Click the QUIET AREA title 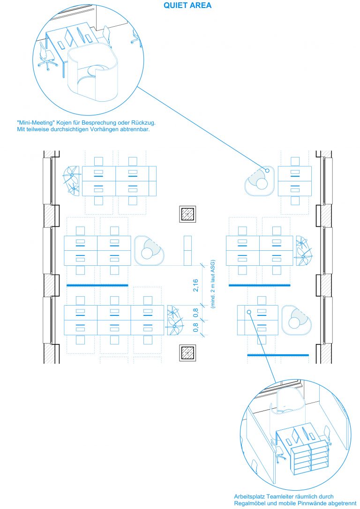pyautogui.click(x=187, y=6)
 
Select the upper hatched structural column pyautogui.click(x=187, y=214)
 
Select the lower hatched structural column pyautogui.click(x=187, y=352)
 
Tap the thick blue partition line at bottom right pyautogui.click(x=278, y=355)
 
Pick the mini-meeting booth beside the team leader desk pyautogui.click(x=296, y=320)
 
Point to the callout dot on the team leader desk pyautogui.click(x=249, y=312)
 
